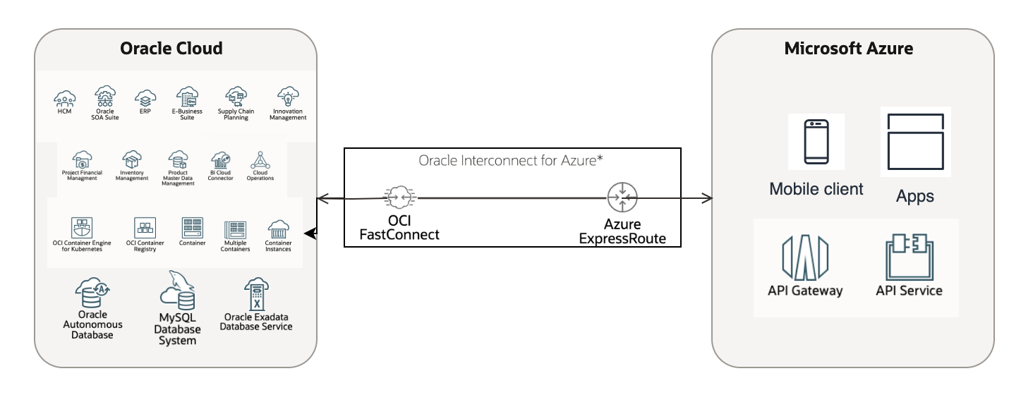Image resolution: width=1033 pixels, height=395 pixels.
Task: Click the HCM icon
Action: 65,97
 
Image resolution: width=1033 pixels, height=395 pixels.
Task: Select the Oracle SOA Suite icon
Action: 106,96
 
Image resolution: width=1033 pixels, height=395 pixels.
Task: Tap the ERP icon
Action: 145,97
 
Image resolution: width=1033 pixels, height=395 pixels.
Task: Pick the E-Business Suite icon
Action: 187,97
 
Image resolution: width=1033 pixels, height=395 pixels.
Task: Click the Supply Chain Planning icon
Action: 236,97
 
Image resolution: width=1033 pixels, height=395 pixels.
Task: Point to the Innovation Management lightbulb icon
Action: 288,97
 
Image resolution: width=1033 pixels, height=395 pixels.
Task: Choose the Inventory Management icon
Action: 132,159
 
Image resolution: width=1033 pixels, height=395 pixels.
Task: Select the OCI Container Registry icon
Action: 145,228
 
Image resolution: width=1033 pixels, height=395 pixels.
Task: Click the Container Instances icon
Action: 278,229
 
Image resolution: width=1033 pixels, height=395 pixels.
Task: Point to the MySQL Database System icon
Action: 177,291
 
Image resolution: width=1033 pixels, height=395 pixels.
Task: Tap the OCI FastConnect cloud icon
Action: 399,198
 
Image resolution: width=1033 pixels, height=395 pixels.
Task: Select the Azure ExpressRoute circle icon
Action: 622,198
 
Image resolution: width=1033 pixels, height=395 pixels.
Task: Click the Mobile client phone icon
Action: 816,142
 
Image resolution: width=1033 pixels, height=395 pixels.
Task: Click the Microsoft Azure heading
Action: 849,49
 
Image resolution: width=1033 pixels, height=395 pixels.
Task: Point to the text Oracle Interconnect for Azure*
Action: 511,161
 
